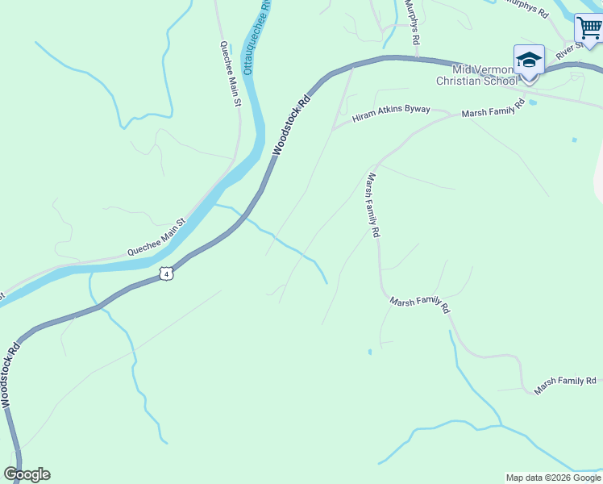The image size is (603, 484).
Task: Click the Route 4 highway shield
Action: click(166, 273)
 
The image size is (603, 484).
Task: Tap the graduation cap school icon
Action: click(529, 60)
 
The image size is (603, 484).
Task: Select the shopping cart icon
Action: click(588, 28)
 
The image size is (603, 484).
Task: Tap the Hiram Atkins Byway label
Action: click(391, 114)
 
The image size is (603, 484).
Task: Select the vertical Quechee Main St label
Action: click(231, 73)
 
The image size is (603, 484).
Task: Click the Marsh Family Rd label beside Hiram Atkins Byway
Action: click(493, 109)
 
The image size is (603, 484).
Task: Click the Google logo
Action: click(27, 474)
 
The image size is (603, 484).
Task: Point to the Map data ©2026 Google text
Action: click(553, 478)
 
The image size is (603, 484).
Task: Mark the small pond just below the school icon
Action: click(532, 102)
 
